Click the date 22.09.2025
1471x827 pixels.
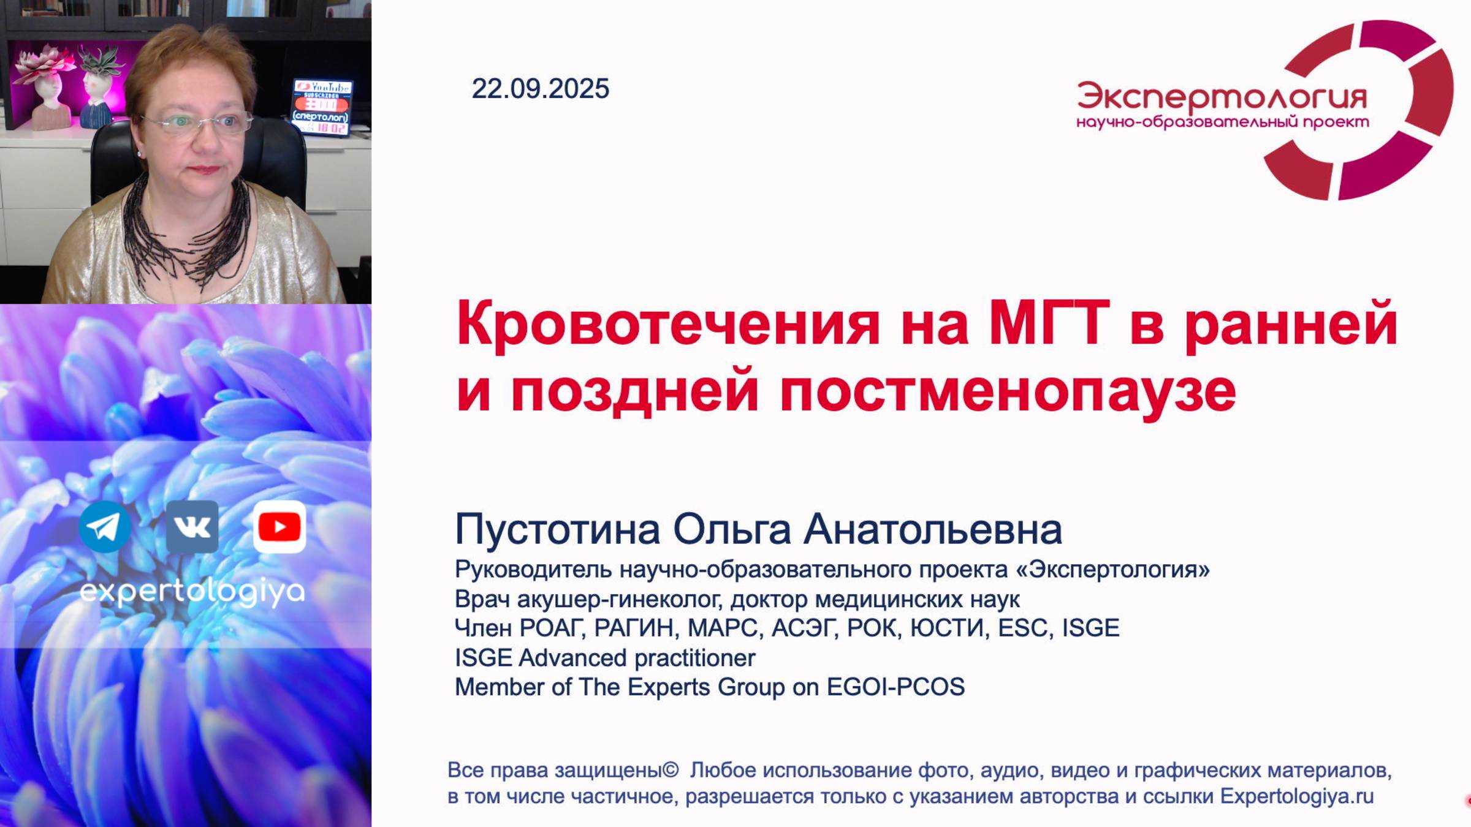click(540, 89)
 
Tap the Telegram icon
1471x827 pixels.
click(105, 527)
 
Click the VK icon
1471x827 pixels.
click(192, 527)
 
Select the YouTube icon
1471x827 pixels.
click(279, 527)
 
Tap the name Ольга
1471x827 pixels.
click(732, 529)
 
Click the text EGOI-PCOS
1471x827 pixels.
click(895, 687)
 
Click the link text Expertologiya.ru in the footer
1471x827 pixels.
click(1297, 796)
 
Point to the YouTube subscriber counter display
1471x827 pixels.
click(321, 107)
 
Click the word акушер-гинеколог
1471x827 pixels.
click(618, 599)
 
